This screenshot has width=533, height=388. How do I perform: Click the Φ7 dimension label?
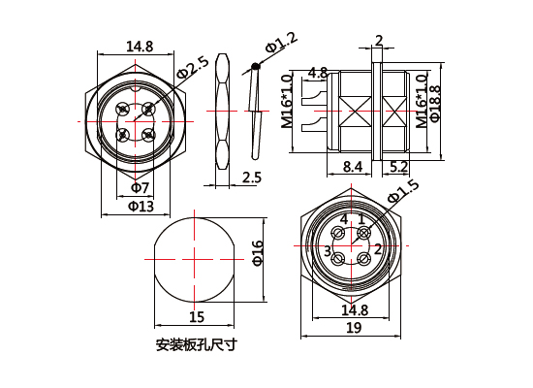coord(139,187)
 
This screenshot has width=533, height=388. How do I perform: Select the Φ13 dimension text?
coord(141,207)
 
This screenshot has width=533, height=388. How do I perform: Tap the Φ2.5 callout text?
coord(192,69)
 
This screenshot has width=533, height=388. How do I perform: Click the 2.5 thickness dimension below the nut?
coord(252,177)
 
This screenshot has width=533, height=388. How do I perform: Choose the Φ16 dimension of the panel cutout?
coord(258,252)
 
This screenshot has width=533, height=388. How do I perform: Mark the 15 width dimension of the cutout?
coord(197,317)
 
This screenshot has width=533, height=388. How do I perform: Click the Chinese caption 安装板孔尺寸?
coord(196,344)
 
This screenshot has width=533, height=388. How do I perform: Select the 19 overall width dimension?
coord(353,329)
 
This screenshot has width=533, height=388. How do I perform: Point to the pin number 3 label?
coord(328,251)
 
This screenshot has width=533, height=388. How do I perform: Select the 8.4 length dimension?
coord(354,167)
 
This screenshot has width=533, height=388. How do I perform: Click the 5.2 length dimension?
coord(397,167)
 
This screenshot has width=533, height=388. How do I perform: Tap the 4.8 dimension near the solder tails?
coord(317,73)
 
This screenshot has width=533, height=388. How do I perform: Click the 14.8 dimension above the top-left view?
coord(140,46)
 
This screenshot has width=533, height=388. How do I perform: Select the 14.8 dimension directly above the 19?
coord(355,310)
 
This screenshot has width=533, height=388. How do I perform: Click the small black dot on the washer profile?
coord(255,67)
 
